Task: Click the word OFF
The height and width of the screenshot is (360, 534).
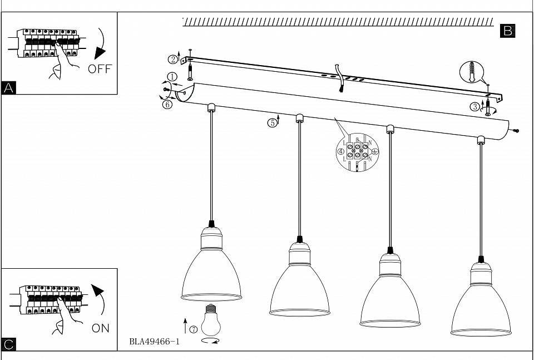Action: click(100, 69)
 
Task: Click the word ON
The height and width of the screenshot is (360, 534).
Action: click(100, 328)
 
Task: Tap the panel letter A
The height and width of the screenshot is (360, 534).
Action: click(9, 88)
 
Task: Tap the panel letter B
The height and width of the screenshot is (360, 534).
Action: click(508, 31)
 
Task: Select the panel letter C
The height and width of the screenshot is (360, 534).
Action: click(9, 344)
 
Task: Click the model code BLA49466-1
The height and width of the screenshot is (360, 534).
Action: click(154, 342)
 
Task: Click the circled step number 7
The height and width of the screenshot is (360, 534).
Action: click(193, 329)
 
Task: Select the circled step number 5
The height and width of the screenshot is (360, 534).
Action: click(273, 123)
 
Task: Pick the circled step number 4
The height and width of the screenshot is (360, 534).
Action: click(341, 151)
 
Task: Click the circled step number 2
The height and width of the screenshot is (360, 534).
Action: click(174, 59)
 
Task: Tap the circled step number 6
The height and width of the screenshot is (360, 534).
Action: click(167, 104)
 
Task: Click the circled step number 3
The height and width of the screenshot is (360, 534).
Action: click(475, 107)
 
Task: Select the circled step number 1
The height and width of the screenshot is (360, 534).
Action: click(172, 77)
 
